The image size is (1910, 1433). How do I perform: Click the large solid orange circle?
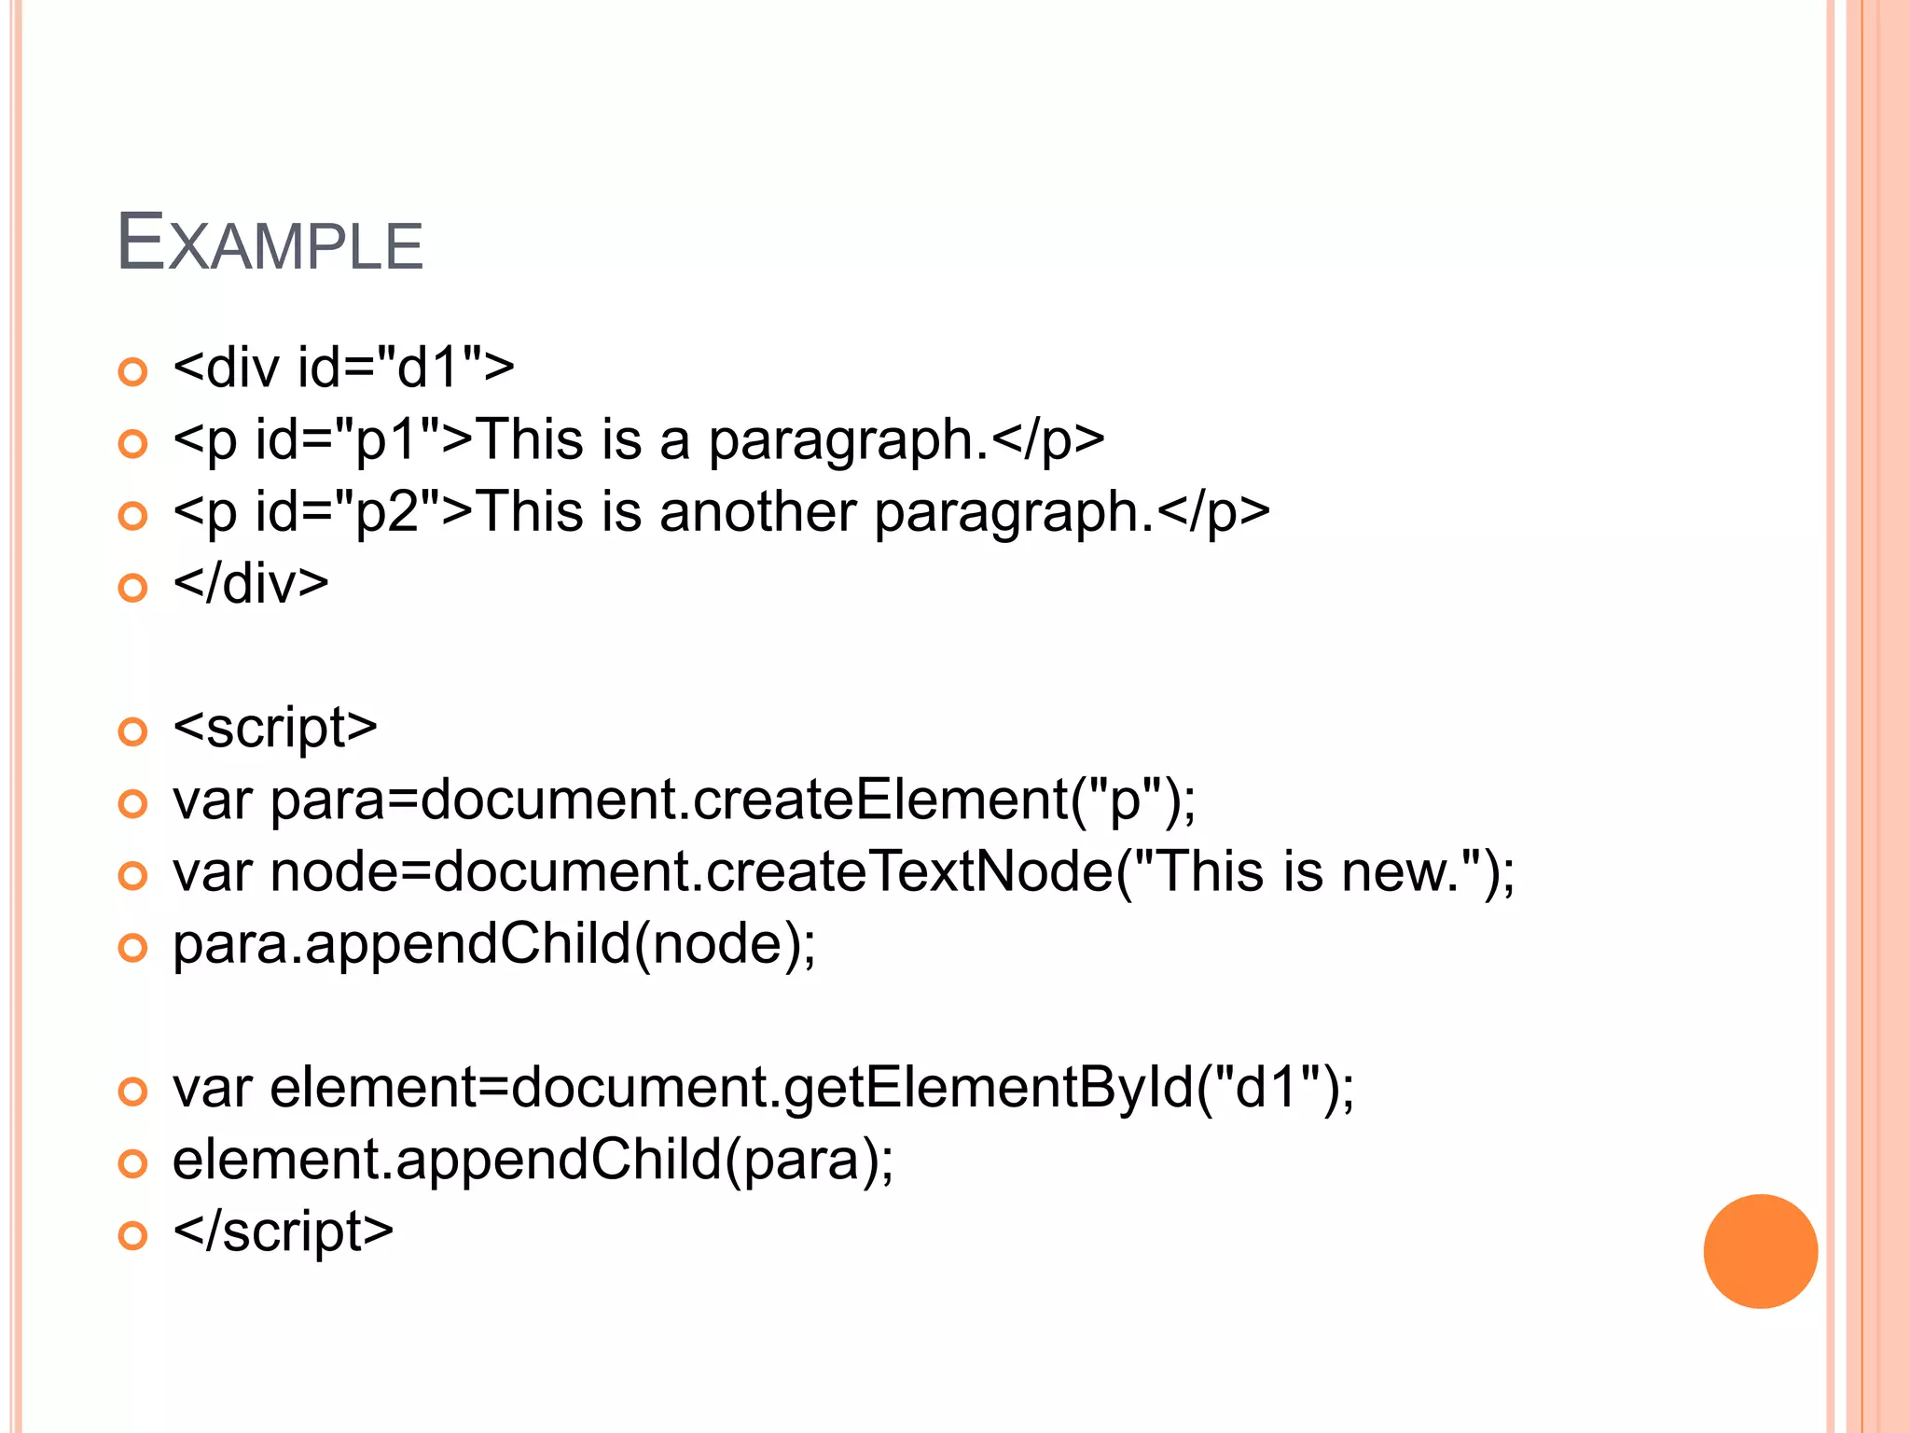1760,1251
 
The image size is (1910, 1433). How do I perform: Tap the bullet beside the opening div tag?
133,371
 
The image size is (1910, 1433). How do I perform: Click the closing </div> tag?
251,584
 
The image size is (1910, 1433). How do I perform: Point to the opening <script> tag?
275,728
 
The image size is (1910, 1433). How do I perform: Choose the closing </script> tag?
284,1231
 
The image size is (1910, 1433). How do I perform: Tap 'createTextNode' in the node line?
909,871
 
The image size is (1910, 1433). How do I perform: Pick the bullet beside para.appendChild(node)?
133,949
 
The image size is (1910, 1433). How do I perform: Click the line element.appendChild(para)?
533,1160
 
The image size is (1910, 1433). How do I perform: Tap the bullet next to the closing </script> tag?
133,1236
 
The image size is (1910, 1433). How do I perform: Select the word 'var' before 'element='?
213,1088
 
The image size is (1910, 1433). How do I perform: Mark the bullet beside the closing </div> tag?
133,588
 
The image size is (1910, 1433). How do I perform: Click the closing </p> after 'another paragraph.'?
1212,512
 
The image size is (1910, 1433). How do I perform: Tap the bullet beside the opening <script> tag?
133,731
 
